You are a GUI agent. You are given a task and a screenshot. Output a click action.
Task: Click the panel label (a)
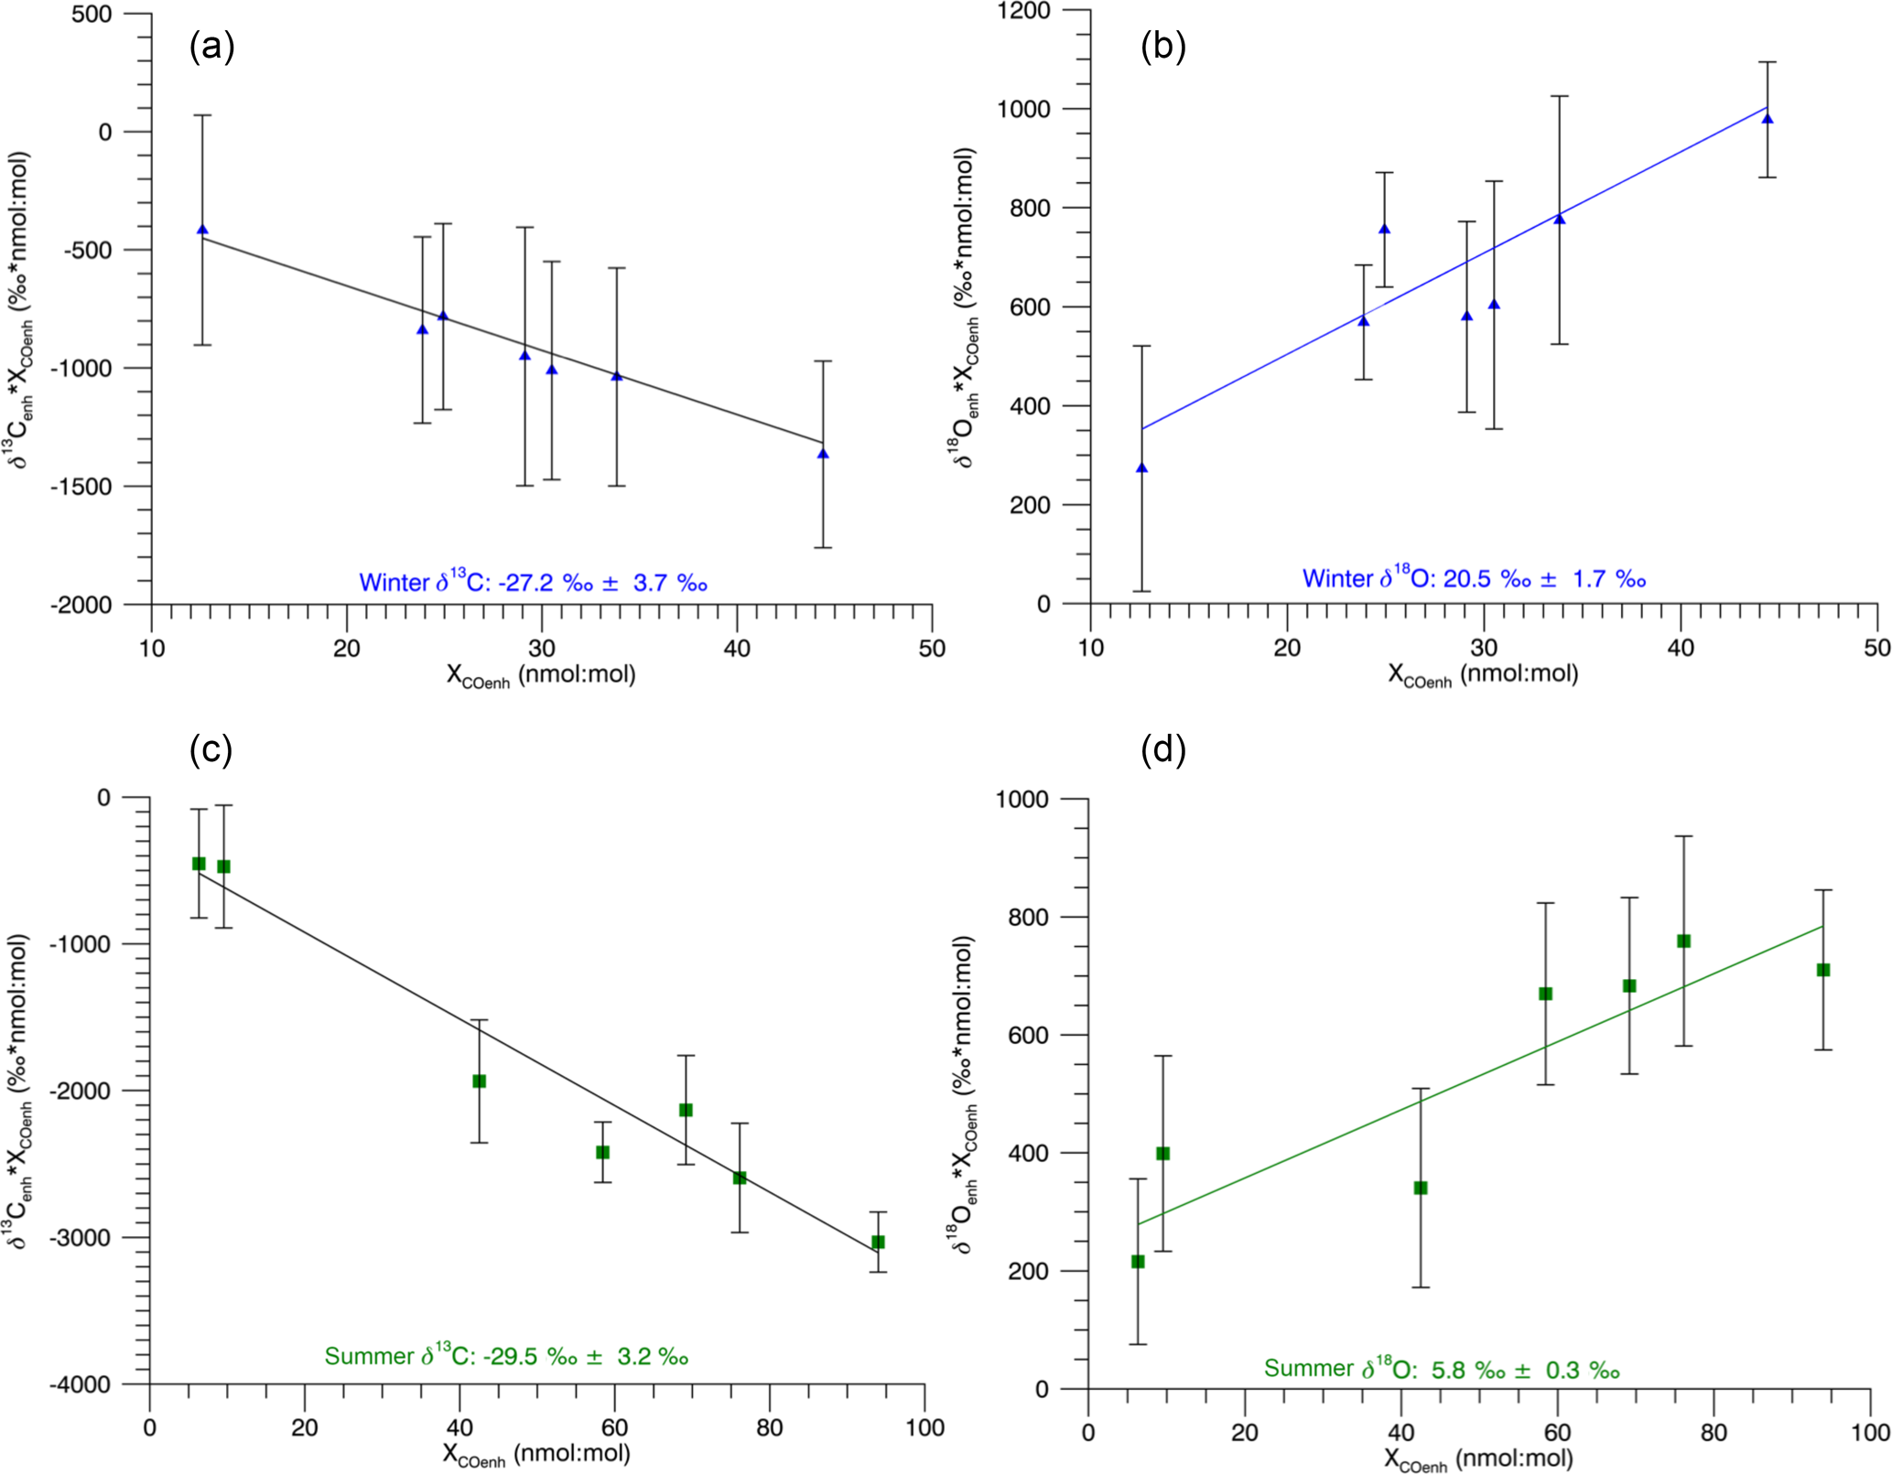click(211, 46)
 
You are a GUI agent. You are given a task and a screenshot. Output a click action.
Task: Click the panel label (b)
click(1162, 46)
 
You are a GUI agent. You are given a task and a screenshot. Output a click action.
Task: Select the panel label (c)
click(211, 749)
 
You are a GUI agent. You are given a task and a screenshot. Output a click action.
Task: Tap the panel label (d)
click(1162, 749)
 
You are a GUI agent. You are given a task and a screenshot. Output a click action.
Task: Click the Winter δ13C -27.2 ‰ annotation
click(533, 582)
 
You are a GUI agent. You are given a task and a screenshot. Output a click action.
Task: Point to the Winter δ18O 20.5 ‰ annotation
click(1474, 578)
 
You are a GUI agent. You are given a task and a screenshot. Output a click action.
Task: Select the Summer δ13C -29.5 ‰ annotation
click(506, 1355)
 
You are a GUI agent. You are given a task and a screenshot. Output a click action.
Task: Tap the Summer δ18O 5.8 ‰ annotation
click(1442, 1368)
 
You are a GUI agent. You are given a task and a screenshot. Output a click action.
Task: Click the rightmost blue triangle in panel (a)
click(823, 454)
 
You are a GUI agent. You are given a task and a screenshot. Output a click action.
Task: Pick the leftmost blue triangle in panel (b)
click(1141, 468)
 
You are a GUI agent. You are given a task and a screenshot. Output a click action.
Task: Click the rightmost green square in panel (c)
click(878, 1242)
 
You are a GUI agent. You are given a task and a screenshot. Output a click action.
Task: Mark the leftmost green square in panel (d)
click(1138, 1261)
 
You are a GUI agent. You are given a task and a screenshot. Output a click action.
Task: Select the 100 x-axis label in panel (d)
click(1870, 1432)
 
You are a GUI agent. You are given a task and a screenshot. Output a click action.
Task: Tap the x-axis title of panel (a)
click(541, 676)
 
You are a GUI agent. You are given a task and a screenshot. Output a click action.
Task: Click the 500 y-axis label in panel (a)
click(92, 14)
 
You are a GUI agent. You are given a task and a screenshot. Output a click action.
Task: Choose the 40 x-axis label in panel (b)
click(1681, 648)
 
